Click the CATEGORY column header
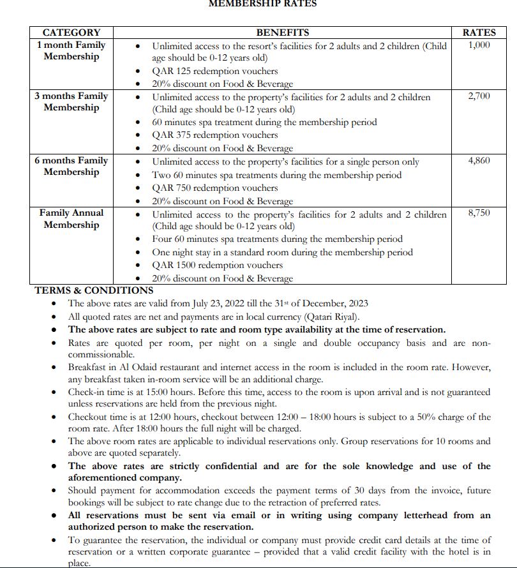pos(71,33)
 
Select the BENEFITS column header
pos(282,33)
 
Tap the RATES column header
pos(479,33)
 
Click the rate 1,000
pos(479,45)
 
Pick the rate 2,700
pos(479,96)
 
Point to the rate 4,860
pos(479,161)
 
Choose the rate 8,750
pos(479,213)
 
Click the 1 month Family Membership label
pos(71,51)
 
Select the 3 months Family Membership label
pos(71,102)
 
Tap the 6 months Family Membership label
pos(71,167)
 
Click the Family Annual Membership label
pos(71,219)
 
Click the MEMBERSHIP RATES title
pos(263,4)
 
